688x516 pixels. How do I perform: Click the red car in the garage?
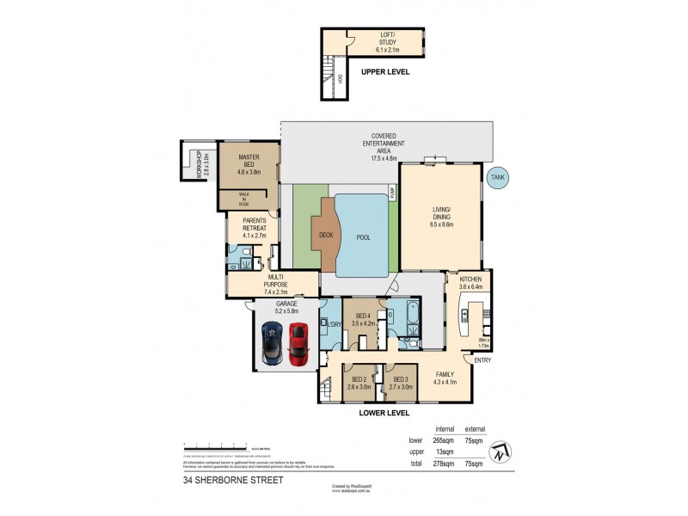(298, 343)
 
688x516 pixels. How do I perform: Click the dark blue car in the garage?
(272, 343)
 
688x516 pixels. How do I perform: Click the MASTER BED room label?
(248, 163)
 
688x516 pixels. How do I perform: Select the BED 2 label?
(358, 384)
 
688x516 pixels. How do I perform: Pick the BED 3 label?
(400, 384)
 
